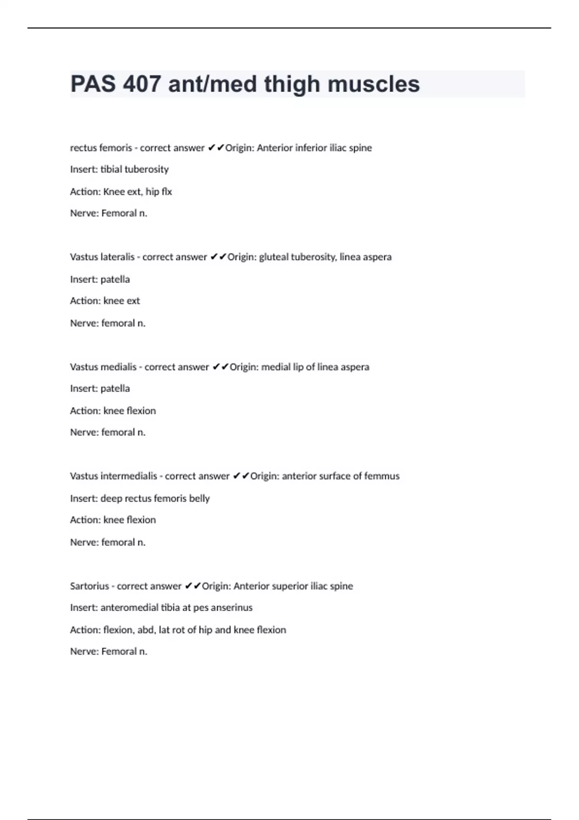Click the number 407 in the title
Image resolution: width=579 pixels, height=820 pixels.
(141, 84)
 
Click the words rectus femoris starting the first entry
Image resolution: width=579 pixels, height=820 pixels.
(101, 148)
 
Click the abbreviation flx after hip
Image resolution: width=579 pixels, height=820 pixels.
(166, 191)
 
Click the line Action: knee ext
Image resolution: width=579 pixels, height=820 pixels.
(105, 301)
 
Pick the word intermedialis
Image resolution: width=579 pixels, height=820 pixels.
(129, 476)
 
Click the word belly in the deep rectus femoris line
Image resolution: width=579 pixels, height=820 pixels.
(199, 498)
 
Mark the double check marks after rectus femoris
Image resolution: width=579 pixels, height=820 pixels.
(216, 148)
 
